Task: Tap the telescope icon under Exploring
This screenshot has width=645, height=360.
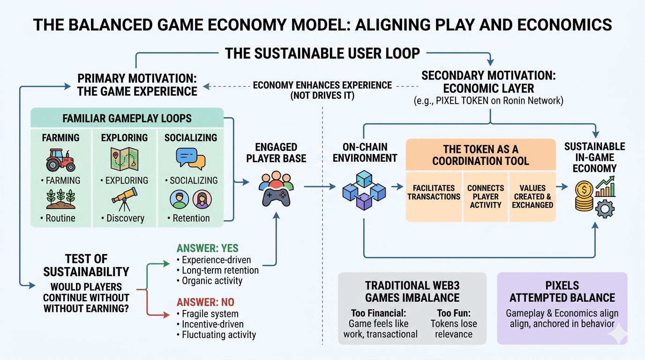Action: coord(124,199)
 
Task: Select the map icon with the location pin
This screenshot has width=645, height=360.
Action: coord(124,159)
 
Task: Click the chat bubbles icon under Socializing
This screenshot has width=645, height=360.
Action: coord(191,158)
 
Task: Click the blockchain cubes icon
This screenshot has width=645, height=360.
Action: coord(364,189)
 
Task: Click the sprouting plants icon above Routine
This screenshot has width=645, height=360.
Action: coord(60,199)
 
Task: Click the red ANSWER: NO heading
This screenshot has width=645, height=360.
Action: coord(205,302)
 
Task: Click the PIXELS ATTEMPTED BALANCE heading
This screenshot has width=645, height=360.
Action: coord(562,291)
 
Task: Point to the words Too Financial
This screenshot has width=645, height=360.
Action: coord(378,313)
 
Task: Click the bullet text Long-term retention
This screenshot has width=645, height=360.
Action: coord(220,270)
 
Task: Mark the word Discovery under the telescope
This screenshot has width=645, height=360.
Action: coord(125,218)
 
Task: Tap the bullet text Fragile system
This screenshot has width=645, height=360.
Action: coord(210,314)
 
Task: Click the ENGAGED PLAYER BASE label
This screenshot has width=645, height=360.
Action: coord(276,152)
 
